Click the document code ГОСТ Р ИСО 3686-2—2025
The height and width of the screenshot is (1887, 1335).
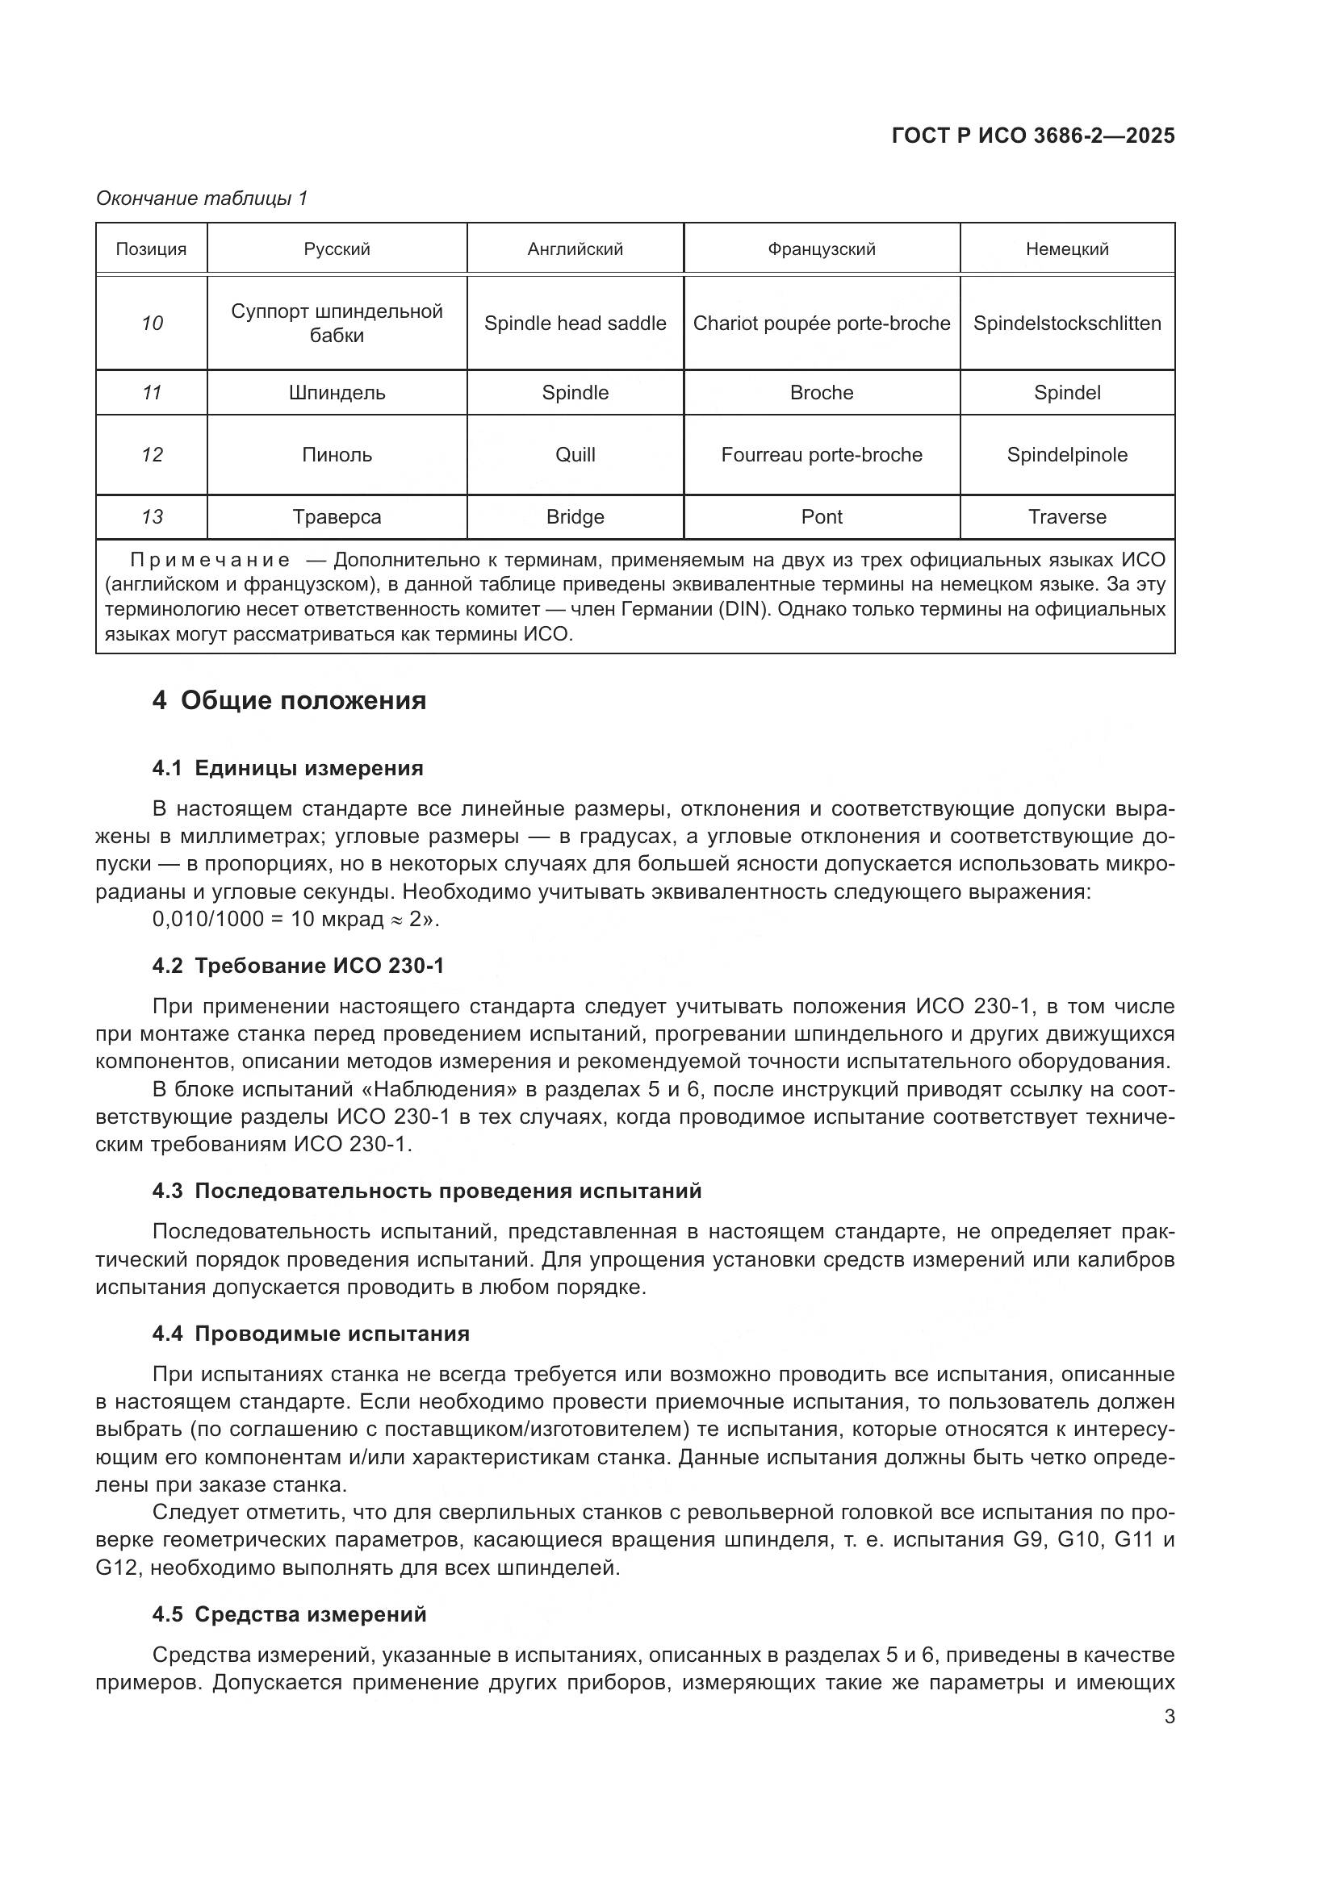tap(1032, 136)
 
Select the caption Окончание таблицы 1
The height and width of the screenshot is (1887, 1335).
tap(202, 198)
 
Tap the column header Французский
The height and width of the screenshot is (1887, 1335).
tap(821, 249)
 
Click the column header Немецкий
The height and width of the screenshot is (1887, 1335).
tap(1066, 249)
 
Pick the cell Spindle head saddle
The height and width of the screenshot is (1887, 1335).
tap(575, 323)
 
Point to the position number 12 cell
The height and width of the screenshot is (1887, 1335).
tap(152, 454)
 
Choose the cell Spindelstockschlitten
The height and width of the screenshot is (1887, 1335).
tap(1066, 323)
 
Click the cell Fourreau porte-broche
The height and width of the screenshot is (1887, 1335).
tap(821, 454)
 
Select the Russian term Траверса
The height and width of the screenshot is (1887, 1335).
tap(337, 517)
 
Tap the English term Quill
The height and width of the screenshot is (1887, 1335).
tap(575, 454)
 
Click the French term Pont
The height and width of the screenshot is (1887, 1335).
tap(821, 517)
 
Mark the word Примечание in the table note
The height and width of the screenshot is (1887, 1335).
tap(210, 561)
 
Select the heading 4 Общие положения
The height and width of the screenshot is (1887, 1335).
tap(290, 701)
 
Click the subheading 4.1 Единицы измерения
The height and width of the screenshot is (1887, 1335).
tap(287, 769)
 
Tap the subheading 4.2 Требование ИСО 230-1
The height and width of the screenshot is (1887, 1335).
tap(298, 966)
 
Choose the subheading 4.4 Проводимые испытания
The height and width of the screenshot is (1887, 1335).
tap(311, 1334)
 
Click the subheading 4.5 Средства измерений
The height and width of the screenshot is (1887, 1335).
tap(290, 1615)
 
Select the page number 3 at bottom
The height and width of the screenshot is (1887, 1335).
tap(1169, 1717)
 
